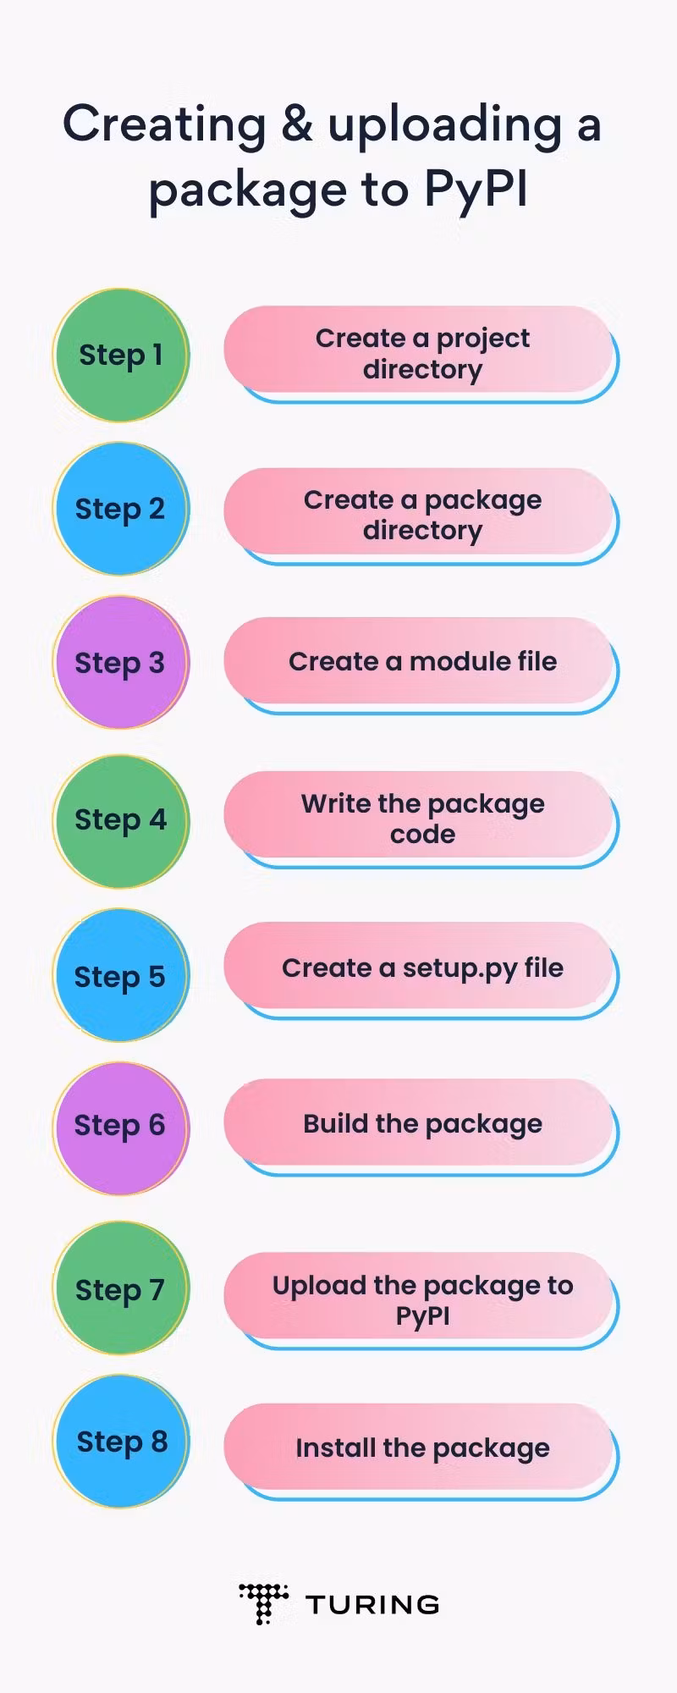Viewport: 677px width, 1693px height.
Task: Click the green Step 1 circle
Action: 121,356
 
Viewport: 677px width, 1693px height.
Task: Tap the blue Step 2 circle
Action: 121,509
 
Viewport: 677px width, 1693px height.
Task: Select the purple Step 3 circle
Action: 121,663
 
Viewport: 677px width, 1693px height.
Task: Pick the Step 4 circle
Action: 121,821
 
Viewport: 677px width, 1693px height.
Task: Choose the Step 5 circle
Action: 121,975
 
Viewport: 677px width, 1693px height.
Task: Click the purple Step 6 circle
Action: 121,1128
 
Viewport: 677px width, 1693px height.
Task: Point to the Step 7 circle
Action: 121,1288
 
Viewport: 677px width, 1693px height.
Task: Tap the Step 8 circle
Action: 121,1441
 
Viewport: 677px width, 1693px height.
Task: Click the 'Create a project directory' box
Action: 421,354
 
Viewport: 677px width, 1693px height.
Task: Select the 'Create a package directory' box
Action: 421,516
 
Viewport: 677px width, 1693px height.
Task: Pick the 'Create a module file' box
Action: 421,665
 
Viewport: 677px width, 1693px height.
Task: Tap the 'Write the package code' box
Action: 421,819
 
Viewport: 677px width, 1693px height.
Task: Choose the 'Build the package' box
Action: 421,1127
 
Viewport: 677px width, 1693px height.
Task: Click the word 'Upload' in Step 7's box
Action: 319,1287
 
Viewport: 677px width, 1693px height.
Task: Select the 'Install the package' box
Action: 421,1452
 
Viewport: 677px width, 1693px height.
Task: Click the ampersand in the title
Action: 297,124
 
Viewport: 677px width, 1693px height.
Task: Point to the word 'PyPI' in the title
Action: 476,190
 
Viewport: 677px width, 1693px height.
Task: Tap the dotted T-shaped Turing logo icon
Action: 264,1603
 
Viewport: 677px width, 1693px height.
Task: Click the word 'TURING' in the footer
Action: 372,1604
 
